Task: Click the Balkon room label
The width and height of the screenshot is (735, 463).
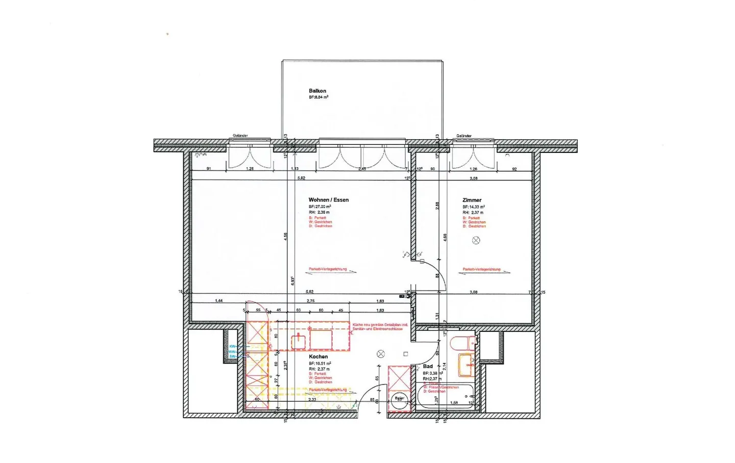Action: (317, 91)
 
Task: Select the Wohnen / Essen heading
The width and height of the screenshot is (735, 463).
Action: (328, 200)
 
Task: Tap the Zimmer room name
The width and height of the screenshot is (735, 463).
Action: (472, 200)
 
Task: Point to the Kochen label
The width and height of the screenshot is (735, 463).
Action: (318, 356)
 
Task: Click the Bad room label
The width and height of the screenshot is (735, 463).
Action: (428, 366)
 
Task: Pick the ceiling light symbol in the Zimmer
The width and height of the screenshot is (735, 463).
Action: (476, 240)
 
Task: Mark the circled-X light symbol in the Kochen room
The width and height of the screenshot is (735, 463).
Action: (380, 354)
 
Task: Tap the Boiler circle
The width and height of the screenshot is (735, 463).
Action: (399, 398)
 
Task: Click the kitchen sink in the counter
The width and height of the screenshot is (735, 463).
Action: (298, 341)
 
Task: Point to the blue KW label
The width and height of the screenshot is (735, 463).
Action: (232, 346)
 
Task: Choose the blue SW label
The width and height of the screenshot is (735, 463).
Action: (232, 356)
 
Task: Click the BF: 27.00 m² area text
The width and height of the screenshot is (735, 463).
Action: (320, 207)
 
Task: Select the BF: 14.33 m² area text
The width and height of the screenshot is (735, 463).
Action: (474, 207)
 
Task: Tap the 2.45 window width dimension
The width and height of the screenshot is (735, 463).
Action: (362, 169)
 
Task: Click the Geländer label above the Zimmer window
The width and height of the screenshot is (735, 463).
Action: (463, 136)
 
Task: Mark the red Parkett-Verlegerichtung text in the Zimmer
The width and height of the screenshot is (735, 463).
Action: (481, 269)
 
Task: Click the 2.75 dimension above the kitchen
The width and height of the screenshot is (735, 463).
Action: (310, 301)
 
